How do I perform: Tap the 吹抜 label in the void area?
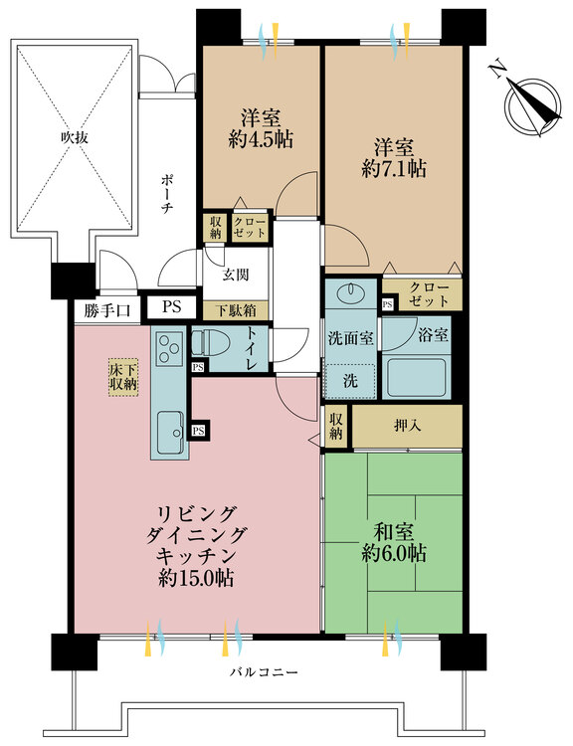[x=72, y=138]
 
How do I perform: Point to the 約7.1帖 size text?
[x=395, y=169]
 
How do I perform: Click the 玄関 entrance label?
[x=236, y=276]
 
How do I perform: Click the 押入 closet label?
[x=407, y=425]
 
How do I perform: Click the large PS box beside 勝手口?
[x=171, y=308]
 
